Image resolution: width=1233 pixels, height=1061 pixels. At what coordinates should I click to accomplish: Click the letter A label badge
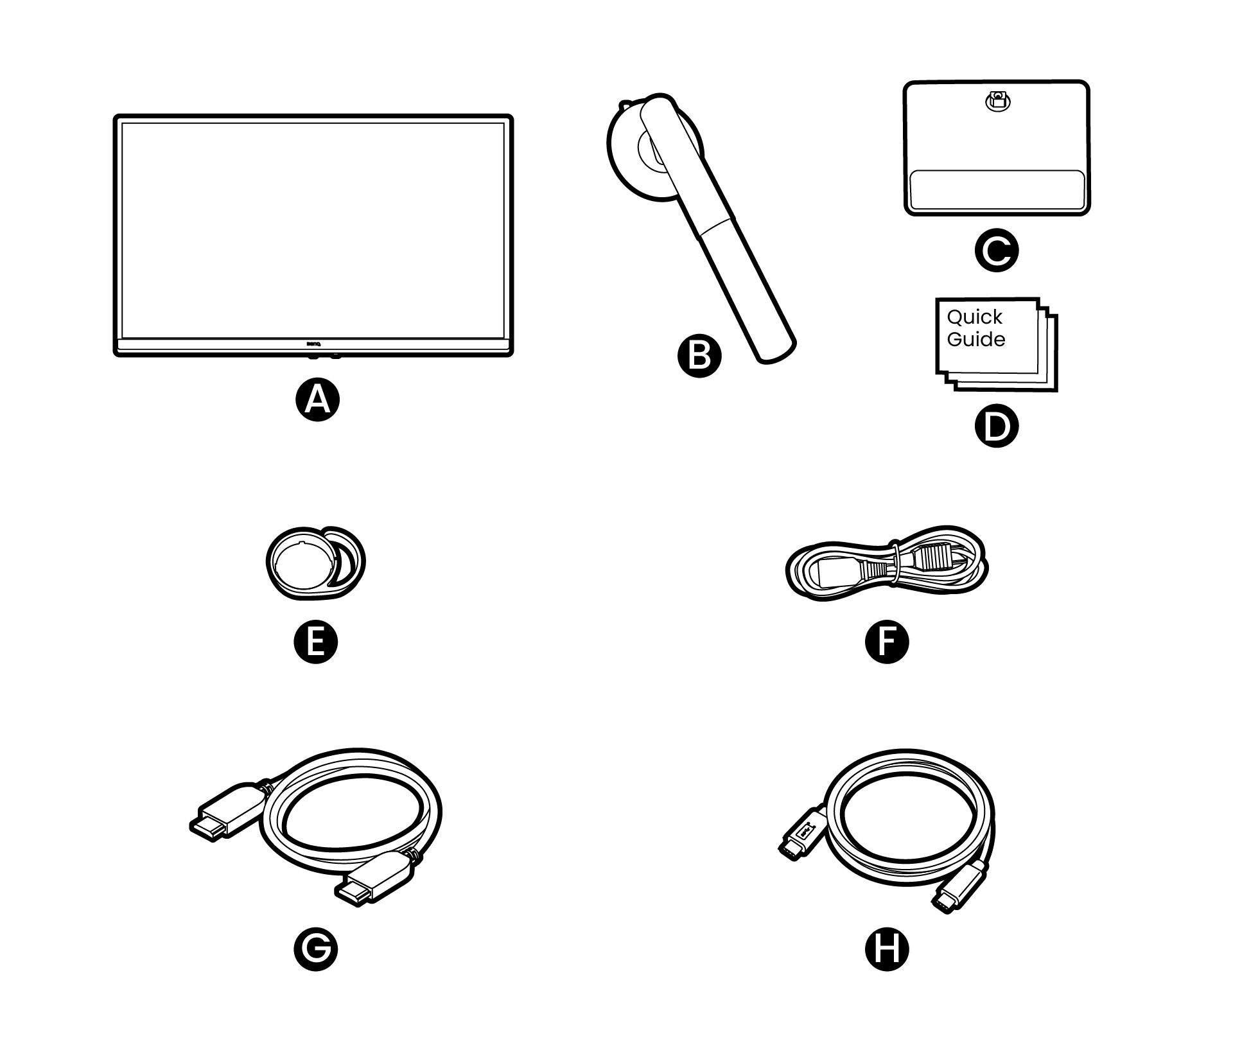pos(317,400)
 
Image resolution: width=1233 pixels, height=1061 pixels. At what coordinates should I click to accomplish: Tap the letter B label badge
pos(699,356)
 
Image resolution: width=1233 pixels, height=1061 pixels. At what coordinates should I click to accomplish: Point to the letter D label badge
pos(996,426)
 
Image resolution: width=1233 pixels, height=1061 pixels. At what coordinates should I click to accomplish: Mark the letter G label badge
pos(315,949)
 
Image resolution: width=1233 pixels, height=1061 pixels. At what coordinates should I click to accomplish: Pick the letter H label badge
pos(887,949)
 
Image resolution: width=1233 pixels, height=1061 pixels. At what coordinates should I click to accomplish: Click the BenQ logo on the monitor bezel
pos(313,343)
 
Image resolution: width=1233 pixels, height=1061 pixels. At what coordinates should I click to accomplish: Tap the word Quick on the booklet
pos(974,317)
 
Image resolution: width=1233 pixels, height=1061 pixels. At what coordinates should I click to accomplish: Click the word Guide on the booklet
pos(975,339)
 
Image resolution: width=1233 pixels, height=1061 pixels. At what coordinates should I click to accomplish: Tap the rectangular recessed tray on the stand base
pos(997,191)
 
